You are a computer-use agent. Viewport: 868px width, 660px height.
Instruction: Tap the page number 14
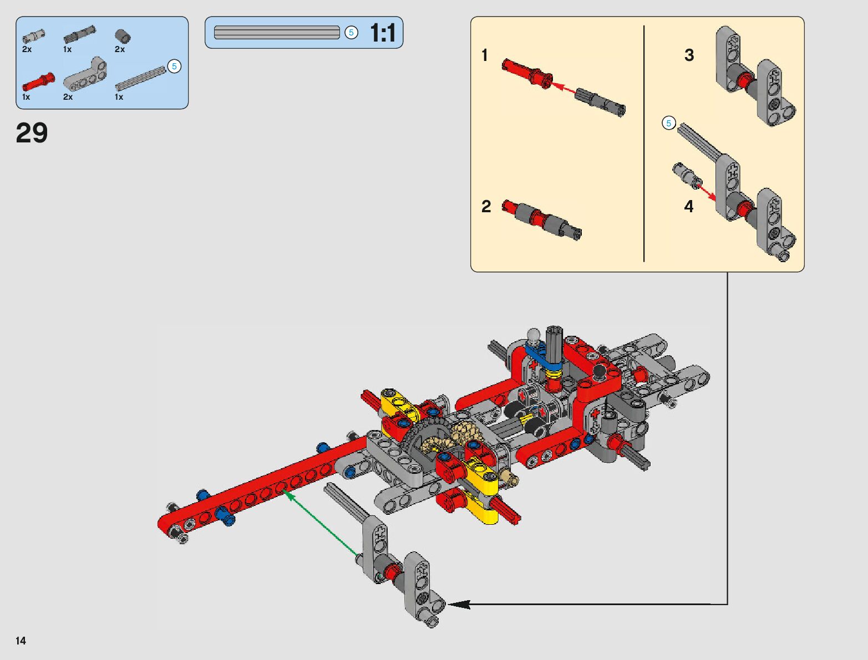point(21,641)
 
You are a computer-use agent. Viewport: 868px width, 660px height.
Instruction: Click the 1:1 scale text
point(382,33)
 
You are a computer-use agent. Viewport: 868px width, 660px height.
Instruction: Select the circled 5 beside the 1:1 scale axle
point(351,32)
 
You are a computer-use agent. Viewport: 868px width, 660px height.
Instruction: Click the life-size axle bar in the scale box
point(277,32)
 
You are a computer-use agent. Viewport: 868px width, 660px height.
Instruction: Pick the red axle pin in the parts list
point(38,81)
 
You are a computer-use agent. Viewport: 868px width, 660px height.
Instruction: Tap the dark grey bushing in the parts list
point(123,37)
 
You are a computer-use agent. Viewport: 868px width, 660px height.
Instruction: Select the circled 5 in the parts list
point(174,66)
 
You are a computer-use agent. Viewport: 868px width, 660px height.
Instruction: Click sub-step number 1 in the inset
point(484,55)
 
